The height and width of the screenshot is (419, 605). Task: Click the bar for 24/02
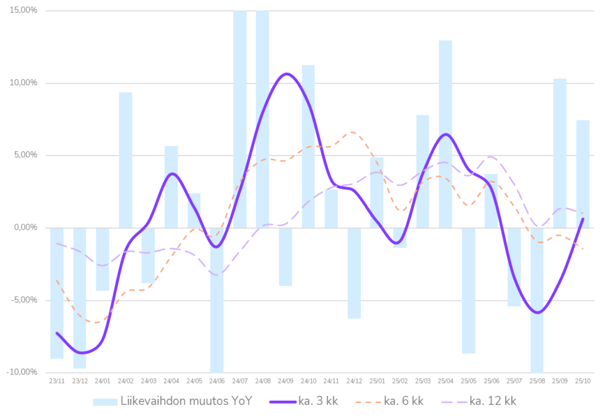[125, 160]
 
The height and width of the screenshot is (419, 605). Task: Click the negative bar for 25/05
[469, 291]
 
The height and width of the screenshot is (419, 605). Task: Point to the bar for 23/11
[57, 293]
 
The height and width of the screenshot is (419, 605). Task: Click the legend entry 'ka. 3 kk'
[320, 401]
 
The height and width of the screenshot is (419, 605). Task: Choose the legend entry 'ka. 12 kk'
[493, 401]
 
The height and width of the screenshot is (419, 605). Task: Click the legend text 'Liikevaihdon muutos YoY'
[186, 401]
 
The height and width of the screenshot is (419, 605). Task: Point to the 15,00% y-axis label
[24, 11]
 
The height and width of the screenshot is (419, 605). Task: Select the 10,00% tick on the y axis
[24, 83]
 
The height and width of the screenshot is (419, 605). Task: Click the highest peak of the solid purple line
[286, 73]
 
